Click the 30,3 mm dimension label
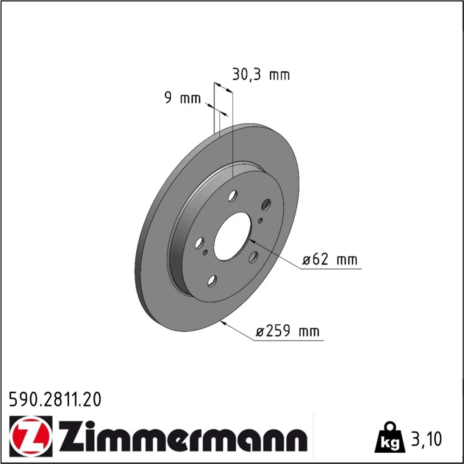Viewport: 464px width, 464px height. point(261,75)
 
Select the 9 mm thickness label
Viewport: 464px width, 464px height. point(182,98)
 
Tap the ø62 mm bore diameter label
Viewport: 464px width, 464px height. point(329,259)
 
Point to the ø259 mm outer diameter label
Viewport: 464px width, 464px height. point(288,331)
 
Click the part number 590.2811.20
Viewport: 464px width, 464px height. point(55,399)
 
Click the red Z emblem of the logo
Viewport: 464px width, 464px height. point(31,437)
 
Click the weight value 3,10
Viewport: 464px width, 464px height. point(426,439)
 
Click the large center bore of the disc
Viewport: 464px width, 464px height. point(232,237)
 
